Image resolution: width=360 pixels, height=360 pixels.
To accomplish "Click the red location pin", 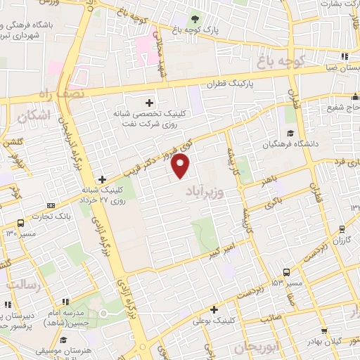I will pyautogui.click(x=181, y=165).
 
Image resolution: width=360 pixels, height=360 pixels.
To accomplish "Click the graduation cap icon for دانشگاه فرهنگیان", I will pyautogui.click(x=288, y=134).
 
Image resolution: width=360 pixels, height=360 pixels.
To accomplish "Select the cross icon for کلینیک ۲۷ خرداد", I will pyautogui.click(x=103, y=179).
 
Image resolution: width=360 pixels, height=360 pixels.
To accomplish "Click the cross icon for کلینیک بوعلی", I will pyautogui.click(x=214, y=309).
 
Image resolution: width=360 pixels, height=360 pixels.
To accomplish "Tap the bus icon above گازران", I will pyautogui.click(x=342, y=229).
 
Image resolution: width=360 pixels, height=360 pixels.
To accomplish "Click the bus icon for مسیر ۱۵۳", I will pyautogui.click(x=286, y=271).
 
